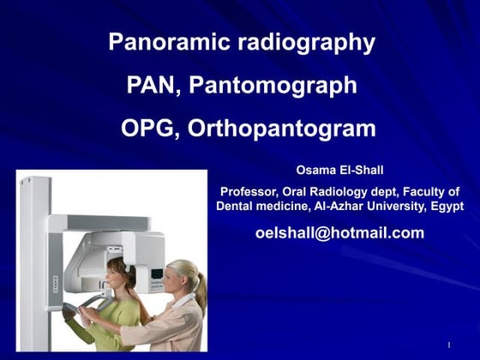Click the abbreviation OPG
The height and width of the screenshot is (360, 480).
coord(148,129)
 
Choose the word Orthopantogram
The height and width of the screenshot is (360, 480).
coord(281,129)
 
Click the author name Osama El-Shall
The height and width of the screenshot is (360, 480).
coord(340,170)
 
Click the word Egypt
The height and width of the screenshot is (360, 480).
coord(446,207)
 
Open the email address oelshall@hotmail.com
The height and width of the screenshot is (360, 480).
coord(340,233)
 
